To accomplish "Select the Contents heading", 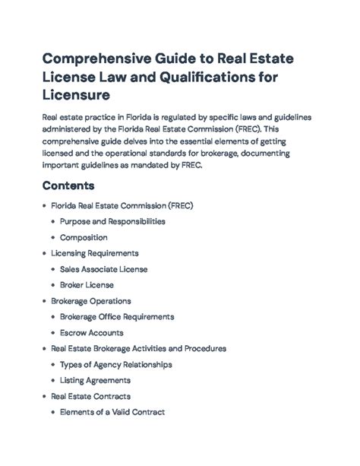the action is tap(68, 185).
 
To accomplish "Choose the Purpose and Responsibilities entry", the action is tap(112, 221).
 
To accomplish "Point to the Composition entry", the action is tap(84, 237).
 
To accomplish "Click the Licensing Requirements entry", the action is tap(94, 253).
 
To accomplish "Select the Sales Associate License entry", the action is tap(103, 269).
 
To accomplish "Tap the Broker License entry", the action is tap(87, 285).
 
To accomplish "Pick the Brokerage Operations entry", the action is tap(91, 301).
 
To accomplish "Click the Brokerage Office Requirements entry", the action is tap(117, 316).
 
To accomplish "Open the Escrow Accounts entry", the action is tap(91, 332).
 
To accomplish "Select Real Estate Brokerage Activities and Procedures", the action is tap(138, 348).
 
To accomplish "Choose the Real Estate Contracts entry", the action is tap(90, 396).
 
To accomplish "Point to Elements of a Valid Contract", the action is tap(112, 412).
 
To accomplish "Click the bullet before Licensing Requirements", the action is tap(43, 253).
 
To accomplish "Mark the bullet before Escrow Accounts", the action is tap(52, 332).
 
